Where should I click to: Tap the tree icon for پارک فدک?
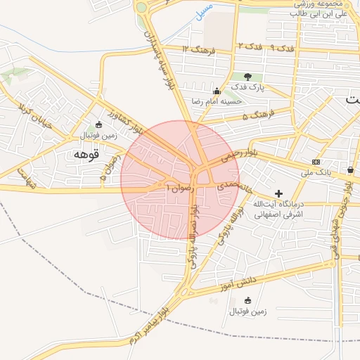247,76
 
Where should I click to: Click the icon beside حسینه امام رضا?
216,90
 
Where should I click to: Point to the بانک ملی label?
315,172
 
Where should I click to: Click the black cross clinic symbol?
278,193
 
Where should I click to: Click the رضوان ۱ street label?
177,188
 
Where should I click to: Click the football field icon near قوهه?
98,124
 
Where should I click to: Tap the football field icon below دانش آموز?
247,301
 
